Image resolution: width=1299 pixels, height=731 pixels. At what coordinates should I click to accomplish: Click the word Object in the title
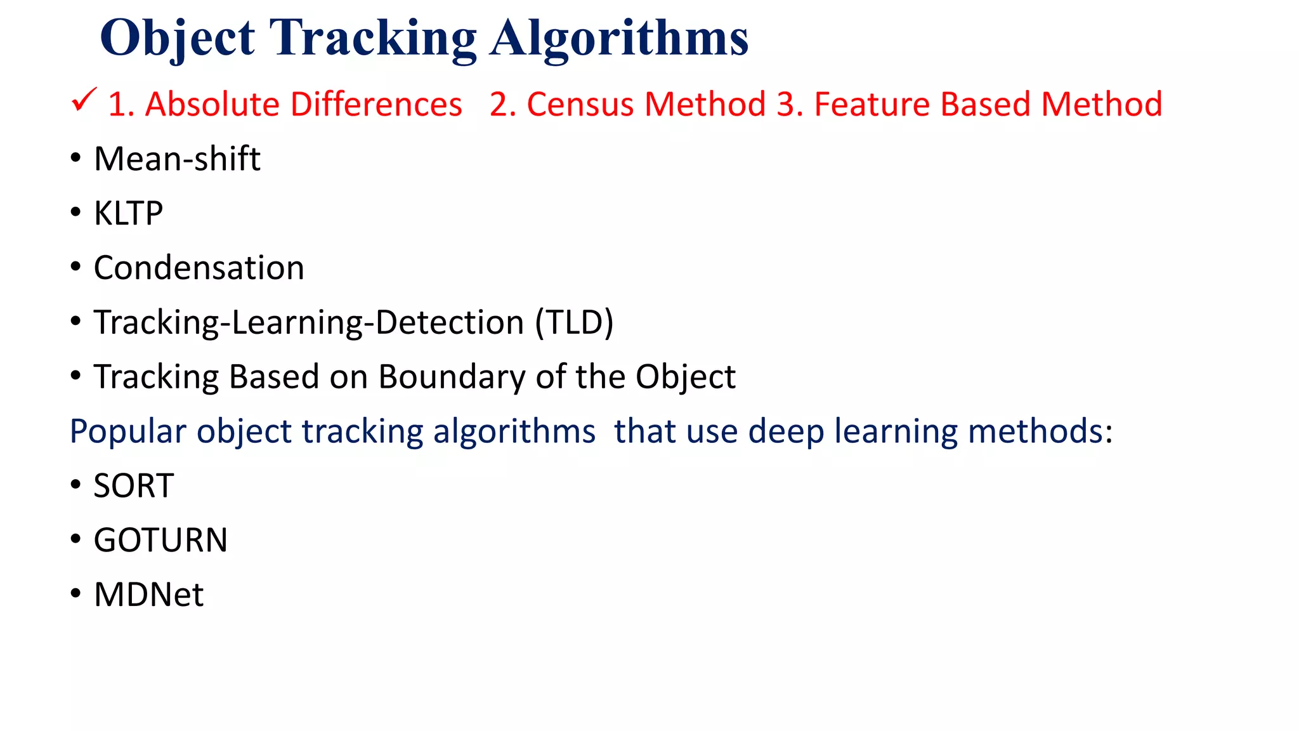(x=177, y=39)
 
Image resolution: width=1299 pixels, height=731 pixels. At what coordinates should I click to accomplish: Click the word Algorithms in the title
(x=619, y=39)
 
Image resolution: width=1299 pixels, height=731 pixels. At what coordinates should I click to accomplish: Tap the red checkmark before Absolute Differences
(x=84, y=100)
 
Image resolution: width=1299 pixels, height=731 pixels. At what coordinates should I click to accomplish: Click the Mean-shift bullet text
(x=177, y=159)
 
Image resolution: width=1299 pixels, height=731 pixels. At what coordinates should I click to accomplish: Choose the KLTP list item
(x=128, y=213)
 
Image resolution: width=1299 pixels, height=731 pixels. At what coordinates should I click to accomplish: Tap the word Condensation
(x=199, y=268)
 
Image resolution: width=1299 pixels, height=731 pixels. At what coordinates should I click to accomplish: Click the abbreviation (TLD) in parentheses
(x=574, y=322)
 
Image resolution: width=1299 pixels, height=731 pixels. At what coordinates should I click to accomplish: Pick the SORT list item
(x=134, y=486)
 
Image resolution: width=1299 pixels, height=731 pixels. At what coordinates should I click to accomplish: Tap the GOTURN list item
(x=160, y=541)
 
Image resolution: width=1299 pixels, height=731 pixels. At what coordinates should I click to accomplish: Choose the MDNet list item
(x=148, y=595)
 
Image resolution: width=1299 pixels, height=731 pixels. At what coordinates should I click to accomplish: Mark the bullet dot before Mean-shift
(x=76, y=158)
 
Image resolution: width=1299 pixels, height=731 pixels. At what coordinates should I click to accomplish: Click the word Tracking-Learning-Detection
(x=309, y=322)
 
